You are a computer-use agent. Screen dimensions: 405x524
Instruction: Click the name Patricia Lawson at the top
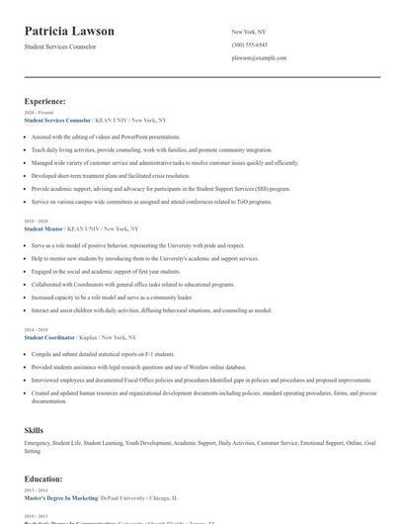(x=69, y=31)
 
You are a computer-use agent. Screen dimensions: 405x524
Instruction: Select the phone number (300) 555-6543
(x=249, y=44)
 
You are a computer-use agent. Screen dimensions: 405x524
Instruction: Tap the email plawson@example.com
(x=259, y=57)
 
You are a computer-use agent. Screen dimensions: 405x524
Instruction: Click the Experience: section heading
(x=45, y=101)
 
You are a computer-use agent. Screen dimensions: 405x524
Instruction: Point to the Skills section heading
(x=34, y=431)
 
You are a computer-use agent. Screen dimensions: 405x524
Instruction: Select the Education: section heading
(x=43, y=478)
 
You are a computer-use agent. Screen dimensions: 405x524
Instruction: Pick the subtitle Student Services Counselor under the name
(x=60, y=46)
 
